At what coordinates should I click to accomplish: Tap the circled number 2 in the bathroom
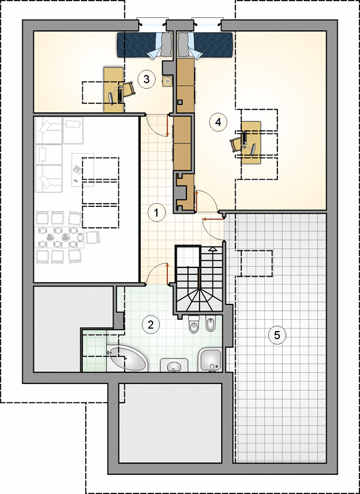(151, 325)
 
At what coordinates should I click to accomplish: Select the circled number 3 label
(146, 79)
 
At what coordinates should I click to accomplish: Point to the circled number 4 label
(218, 122)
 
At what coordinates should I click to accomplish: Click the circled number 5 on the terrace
(277, 335)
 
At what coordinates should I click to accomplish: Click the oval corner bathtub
(127, 359)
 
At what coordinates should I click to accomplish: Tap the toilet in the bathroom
(193, 324)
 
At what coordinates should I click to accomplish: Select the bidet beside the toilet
(210, 323)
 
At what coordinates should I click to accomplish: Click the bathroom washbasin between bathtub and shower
(174, 365)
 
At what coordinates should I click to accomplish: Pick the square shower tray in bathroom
(211, 360)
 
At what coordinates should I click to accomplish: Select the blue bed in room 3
(145, 45)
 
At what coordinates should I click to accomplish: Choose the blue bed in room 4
(205, 45)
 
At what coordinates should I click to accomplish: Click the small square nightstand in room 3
(168, 81)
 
